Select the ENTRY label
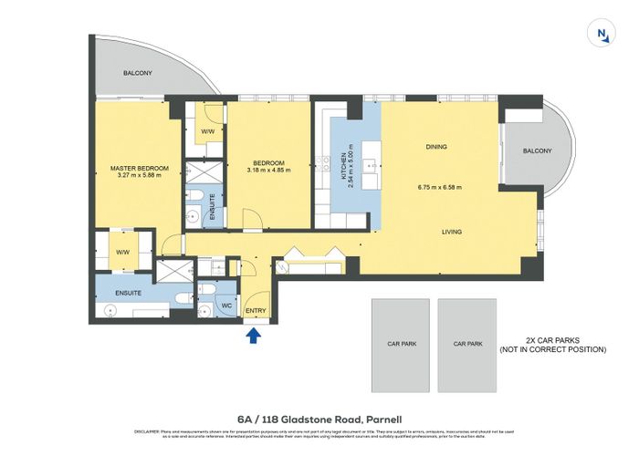256,312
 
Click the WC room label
226,307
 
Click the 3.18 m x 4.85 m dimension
271,169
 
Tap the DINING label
437,147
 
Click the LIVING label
452,232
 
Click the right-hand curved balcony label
538,150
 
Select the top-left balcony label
137,73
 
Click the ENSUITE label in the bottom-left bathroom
128,294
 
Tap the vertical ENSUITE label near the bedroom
212,207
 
